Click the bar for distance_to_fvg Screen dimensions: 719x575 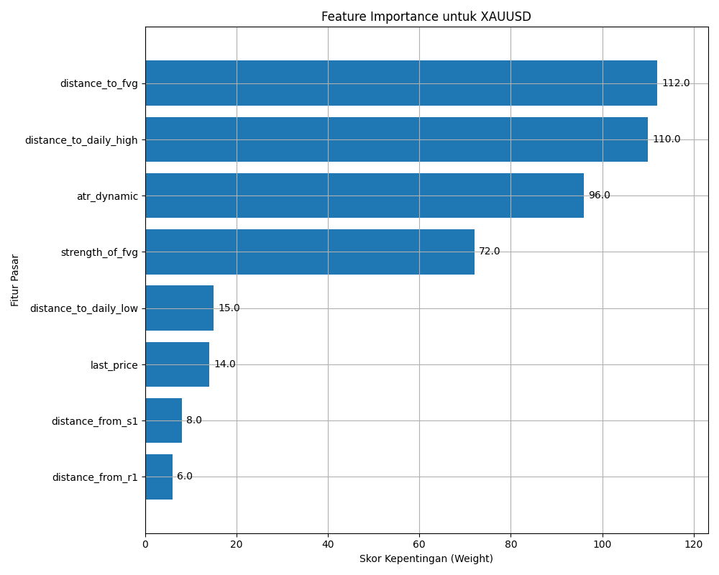pos(401,83)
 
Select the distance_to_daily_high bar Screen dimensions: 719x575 pos(397,139)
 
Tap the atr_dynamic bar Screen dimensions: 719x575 pos(365,195)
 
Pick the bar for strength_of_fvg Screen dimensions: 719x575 pos(310,252)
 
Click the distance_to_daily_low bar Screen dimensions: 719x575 pos(180,308)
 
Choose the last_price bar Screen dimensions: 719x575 pos(178,364)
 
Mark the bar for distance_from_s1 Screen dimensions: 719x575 pos(164,420)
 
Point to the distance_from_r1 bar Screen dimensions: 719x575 pos(159,477)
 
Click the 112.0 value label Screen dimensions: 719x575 pos(676,83)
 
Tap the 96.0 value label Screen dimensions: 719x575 pos(600,195)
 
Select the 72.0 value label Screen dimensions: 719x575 pos(489,252)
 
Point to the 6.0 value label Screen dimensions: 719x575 pos(184,477)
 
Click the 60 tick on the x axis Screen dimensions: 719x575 pos(419,544)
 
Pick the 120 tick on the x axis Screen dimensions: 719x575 pos(693,544)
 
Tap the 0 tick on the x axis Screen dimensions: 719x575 pos(145,544)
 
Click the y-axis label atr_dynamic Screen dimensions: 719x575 pos(107,196)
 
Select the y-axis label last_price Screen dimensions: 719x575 pos(114,365)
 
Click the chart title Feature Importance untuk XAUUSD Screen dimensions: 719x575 pos(426,17)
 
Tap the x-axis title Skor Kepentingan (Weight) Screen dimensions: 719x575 pos(426,558)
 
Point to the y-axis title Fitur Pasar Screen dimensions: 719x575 pos(15,280)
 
